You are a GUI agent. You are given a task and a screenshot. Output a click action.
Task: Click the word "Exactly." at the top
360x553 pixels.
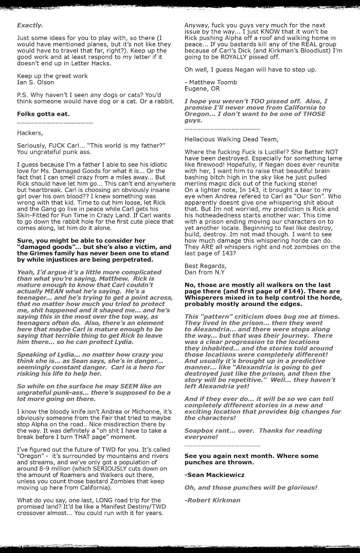click(29, 25)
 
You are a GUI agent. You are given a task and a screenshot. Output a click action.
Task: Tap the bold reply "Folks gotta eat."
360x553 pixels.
click(43, 114)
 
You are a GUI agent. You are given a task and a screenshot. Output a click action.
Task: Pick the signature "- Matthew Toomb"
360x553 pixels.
click(211, 82)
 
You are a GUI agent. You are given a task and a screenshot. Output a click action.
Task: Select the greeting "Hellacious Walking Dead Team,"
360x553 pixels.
click(231, 139)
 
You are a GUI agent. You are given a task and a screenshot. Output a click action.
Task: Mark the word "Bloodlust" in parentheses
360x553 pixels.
click(309, 50)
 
